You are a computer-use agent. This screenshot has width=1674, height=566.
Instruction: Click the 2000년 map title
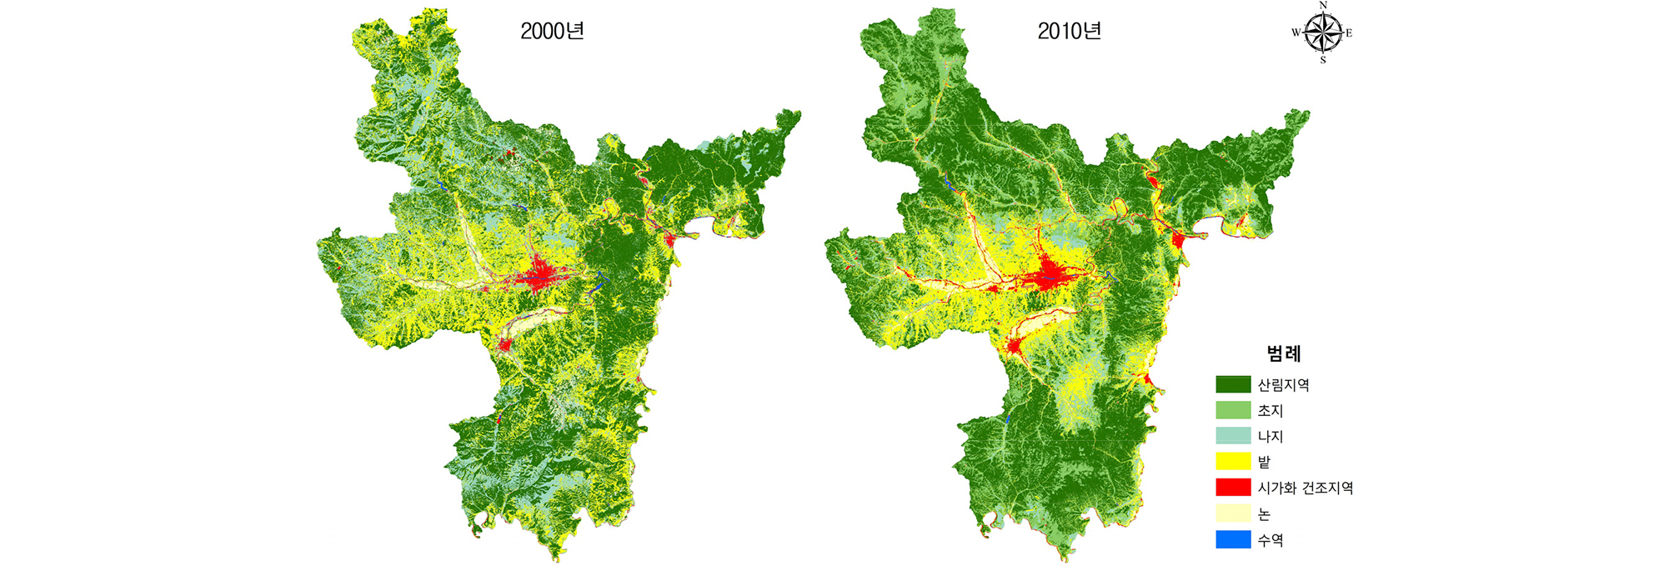point(552,32)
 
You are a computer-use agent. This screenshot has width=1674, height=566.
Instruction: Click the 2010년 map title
point(1069,32)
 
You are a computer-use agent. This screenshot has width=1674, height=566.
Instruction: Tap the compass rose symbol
point(1322,33)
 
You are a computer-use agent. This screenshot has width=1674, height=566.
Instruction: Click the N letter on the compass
point(1323,6)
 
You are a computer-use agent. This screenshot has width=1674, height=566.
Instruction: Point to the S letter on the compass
point(1323,60)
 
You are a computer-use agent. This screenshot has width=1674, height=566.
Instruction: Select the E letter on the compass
point(1349,33)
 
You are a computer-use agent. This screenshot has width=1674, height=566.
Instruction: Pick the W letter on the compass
point(1296,33)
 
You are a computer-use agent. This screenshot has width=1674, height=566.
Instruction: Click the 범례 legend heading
point(1284,353)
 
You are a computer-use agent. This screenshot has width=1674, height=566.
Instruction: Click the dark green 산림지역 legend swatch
point(1233,384)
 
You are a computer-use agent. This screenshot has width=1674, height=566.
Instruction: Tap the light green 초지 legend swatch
point(1233,410)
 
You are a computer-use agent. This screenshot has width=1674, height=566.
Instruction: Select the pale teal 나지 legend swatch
point(1233,436)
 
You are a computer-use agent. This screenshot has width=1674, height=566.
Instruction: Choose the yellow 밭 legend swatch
point(1233,462)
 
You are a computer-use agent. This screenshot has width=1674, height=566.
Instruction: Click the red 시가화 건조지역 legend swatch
point(1233,488)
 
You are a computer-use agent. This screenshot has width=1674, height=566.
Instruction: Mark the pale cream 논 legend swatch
point(1233,513)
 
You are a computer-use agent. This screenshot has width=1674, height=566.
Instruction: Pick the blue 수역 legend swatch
point(1233,539)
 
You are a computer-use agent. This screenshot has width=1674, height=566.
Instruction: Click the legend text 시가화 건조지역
point(1305,488)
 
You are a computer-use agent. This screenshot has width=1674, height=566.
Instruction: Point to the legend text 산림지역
point(1283,385)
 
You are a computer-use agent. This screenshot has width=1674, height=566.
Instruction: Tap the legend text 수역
point(1271,540)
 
